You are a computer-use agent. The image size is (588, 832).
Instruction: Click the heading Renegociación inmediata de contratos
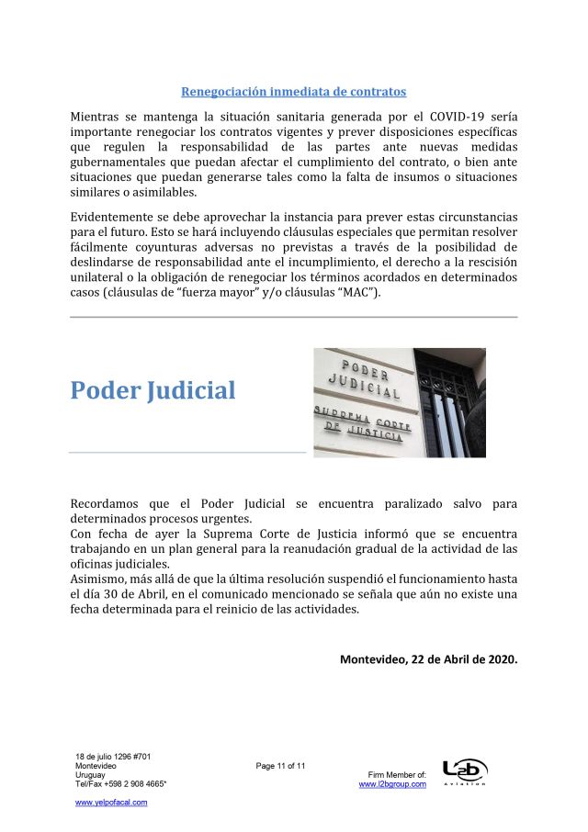pos(293,92)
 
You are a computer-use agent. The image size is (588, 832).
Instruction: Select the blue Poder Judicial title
pos(153,390)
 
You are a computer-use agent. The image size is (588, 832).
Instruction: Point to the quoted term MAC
pos(351,293)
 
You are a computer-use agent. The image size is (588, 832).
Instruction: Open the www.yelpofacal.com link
pos(111,802)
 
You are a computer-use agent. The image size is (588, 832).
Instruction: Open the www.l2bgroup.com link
pos(392,784)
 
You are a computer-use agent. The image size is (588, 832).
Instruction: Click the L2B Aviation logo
pos(465,771)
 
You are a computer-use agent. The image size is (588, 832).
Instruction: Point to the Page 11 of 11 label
pos(280,766)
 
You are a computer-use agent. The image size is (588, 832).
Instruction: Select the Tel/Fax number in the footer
pos(120,784)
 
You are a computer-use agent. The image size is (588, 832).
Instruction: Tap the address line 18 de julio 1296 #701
pos(113,757)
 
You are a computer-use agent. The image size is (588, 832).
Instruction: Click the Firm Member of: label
pos(396,775)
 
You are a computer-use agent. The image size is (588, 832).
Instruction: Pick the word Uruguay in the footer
pos(90,775)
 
